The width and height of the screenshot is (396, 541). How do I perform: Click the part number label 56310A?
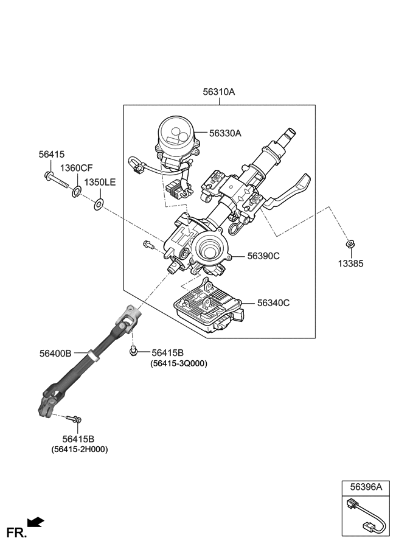pos(218,92)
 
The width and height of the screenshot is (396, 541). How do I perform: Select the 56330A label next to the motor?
pos(226,133)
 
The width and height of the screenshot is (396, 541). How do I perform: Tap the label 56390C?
pos(263,256)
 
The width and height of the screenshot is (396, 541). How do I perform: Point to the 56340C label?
pos(273,302)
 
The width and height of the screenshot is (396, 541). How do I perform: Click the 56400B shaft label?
pos(56,353)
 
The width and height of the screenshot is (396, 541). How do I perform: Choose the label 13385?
pos(351,264)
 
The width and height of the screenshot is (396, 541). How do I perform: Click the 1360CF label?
pos(76,168)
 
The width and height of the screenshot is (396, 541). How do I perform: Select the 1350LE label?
pos(100,182)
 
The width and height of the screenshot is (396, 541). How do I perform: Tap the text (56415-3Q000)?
pos(179,364)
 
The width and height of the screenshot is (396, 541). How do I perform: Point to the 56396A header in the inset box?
pos(366,487)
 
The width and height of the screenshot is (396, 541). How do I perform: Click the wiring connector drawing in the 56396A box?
pos(366,515)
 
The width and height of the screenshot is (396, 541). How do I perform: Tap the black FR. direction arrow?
pos(36,522)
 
